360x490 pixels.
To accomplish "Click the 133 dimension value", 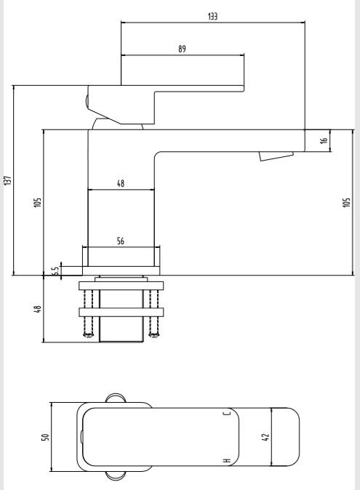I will coord(212,15).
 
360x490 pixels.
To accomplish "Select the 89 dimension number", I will coord(182,49).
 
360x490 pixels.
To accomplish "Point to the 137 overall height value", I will coord(7,180).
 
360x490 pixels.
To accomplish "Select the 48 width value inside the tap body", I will coord(121,185).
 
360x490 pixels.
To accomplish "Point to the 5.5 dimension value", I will coord(55,270).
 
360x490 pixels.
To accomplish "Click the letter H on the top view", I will coord(227,461).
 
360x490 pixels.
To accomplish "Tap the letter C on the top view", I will coord(227,414).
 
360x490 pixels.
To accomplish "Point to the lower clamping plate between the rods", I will coord(121,313).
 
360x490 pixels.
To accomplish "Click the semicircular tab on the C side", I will coord(118,398).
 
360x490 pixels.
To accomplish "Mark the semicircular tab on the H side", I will coord(118,477).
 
